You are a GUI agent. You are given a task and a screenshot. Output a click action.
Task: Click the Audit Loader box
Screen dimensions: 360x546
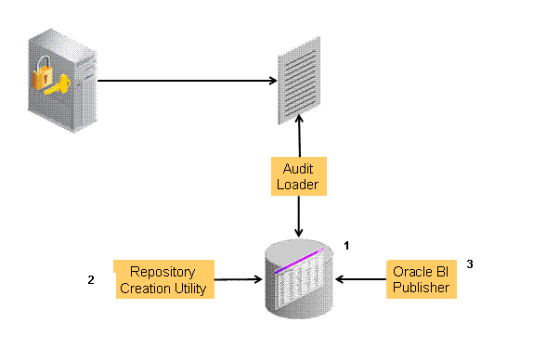[298, 176]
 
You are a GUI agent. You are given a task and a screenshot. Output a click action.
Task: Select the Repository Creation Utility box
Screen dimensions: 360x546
[163, 278]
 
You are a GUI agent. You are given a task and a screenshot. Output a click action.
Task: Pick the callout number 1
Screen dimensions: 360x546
[346, 246]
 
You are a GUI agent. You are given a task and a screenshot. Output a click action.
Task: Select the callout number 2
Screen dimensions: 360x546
[90, 279]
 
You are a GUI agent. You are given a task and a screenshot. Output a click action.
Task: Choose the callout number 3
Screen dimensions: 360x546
[470, 264]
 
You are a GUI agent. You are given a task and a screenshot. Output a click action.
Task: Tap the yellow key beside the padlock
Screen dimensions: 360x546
[58, 90]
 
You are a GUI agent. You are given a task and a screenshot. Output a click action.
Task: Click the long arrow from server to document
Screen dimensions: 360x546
[186, 81]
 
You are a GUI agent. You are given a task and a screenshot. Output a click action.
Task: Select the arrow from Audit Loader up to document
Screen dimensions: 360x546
[298, 139]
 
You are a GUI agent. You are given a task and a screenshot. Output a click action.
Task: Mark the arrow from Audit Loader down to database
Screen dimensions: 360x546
[298, 215]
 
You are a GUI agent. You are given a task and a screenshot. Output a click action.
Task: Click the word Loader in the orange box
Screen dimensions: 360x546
[298, 185]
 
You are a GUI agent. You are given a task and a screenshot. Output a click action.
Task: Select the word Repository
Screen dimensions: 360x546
[162, 271]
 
